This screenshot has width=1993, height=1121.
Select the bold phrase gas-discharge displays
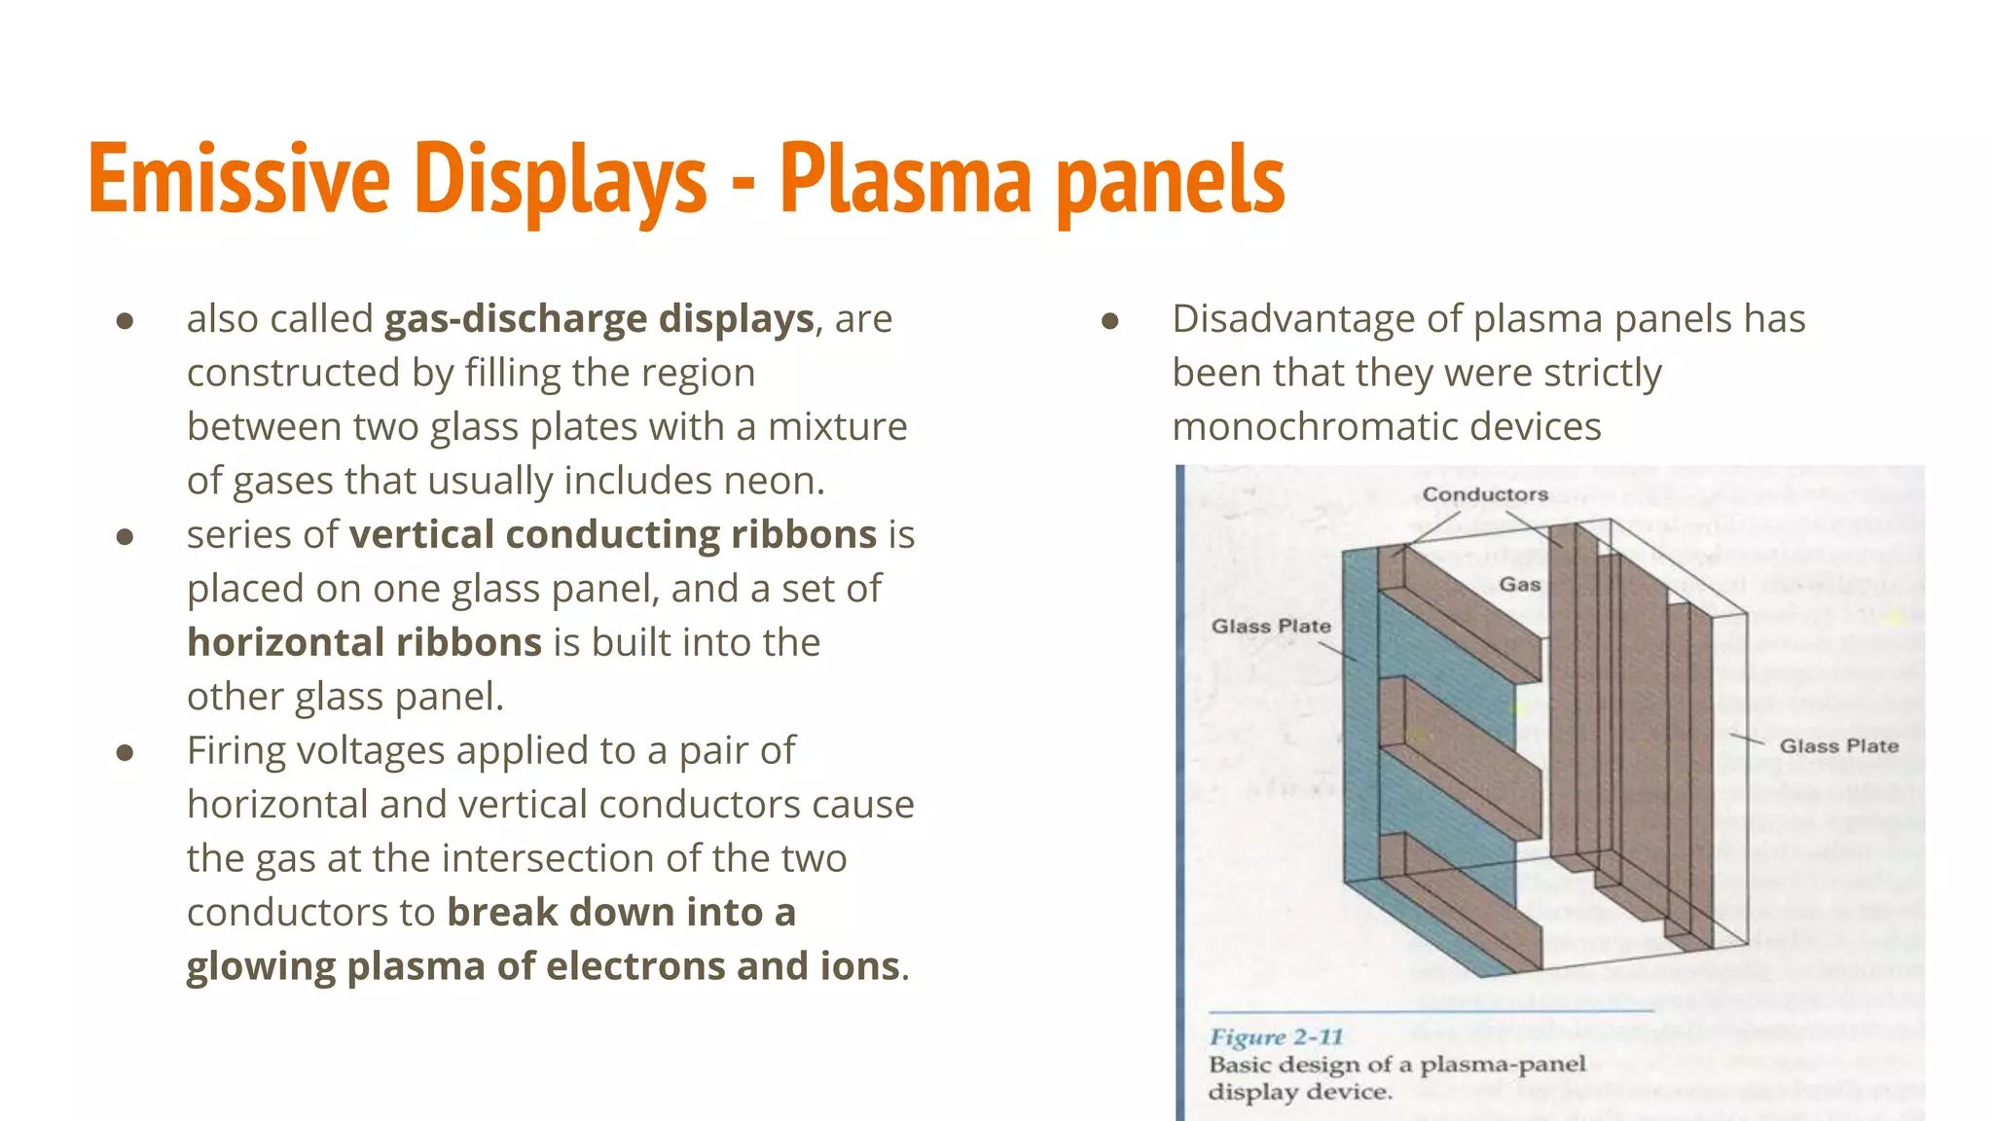coord(598,319)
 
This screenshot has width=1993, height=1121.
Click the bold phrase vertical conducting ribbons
coord(613,535)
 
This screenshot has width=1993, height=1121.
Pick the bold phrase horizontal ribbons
coord(364,643)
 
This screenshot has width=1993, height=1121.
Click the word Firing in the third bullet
coord(235,751)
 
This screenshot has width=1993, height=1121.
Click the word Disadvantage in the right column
coord(1293,319)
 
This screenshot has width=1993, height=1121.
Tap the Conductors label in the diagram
coord(1484,494)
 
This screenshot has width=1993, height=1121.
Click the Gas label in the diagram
coord(1519,584)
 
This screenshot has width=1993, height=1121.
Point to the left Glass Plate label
coord(1270,626)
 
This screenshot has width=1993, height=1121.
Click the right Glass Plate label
coord(1838,745)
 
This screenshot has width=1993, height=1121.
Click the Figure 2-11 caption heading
coord(1275,1036)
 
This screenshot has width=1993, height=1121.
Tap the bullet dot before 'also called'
coord(125,321)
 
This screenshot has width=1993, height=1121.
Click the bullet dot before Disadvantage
coord(1110,321)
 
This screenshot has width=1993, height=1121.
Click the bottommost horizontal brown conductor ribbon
coord(1460,910)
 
